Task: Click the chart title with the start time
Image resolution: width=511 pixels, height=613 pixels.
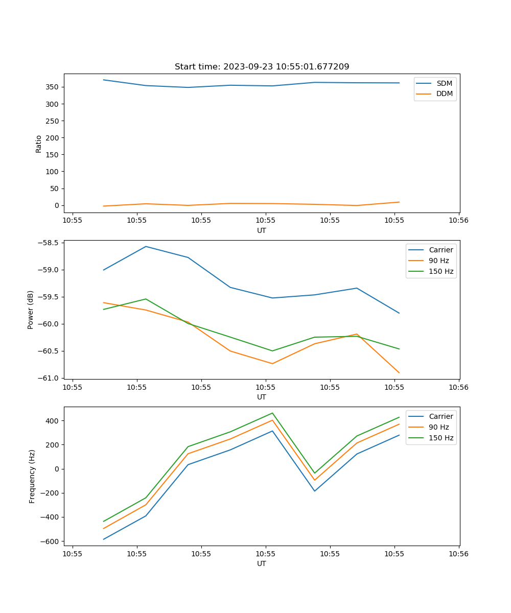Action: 262,67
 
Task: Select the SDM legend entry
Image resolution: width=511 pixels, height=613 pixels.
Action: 444,83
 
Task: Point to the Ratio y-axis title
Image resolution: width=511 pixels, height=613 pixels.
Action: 39,144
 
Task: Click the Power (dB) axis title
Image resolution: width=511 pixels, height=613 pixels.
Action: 31,310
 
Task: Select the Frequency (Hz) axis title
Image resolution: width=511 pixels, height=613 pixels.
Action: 32,476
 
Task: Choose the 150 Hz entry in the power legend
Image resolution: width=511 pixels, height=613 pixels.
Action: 441,272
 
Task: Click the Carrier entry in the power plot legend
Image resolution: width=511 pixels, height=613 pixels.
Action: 440,250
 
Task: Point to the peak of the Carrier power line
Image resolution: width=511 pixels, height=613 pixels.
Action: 146,247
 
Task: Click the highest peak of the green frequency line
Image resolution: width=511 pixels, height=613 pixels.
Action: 272,413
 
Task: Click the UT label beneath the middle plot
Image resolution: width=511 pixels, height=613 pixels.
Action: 262,397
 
